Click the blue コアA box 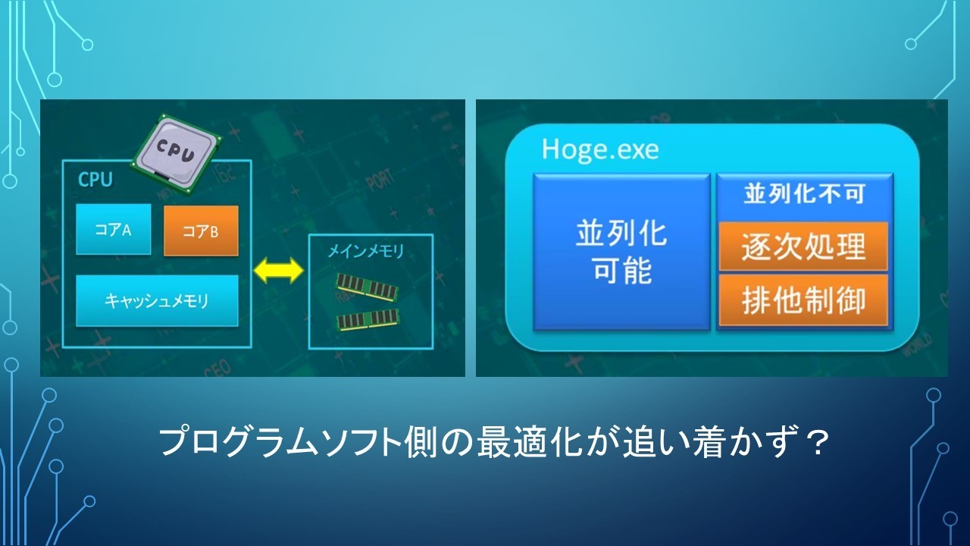point(114,229)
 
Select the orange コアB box point(201,231)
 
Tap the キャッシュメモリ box point(157,301)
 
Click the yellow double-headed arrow point(278,271)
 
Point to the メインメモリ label point(366,251)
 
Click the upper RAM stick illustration point(368,287)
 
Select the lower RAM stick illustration point(368,320)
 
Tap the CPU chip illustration point(177,154)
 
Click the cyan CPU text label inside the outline point(95,180)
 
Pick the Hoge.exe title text point(600,149)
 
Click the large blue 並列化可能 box point(622,252)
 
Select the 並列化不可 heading point(805,193)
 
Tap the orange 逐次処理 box point(804,246)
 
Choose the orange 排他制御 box point(804,300)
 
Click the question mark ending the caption point(818,443)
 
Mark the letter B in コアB point(214,233)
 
